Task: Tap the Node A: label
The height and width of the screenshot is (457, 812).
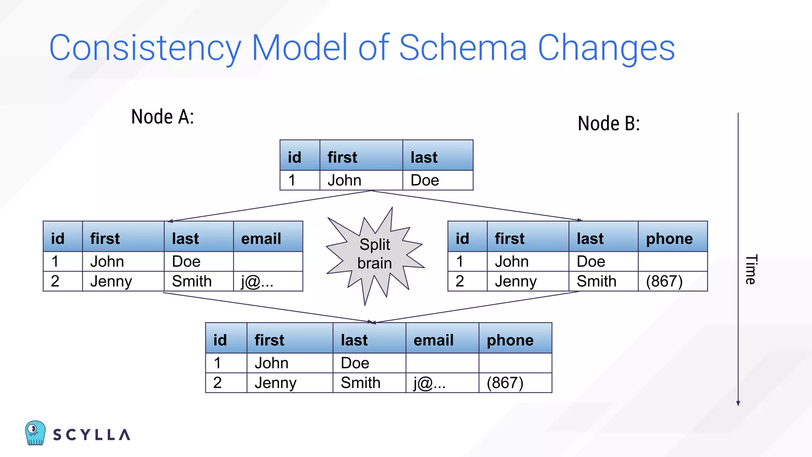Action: coord(163,117)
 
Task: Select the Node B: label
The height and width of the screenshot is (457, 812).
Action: coord(609,123)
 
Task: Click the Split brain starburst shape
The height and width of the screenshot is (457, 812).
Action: coord(374,254)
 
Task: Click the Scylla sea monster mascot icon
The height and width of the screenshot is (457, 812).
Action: coord(35,433)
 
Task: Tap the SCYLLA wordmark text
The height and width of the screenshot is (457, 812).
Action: coord(92,435)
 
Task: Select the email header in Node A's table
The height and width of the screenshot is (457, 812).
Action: coord(261,238)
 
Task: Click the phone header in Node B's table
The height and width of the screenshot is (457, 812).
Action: coord(669,238)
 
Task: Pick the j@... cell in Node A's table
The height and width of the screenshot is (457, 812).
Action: coord(257,282)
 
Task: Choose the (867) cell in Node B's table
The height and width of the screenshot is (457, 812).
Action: coord(664,281)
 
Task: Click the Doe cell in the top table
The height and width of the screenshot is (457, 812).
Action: coord(425,180)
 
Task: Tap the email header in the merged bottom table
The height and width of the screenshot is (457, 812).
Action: coord(433,340)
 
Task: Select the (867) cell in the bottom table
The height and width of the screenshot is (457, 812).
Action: coord(505,383)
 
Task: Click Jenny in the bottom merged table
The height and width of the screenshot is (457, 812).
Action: coord(275,383)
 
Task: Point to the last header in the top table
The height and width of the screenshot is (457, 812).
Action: coord(424,157)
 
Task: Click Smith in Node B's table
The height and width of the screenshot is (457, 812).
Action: coord(596,281)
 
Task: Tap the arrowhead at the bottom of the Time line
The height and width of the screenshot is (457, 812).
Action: coord(738,403)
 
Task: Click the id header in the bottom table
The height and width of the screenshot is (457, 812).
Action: coord(220,340)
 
